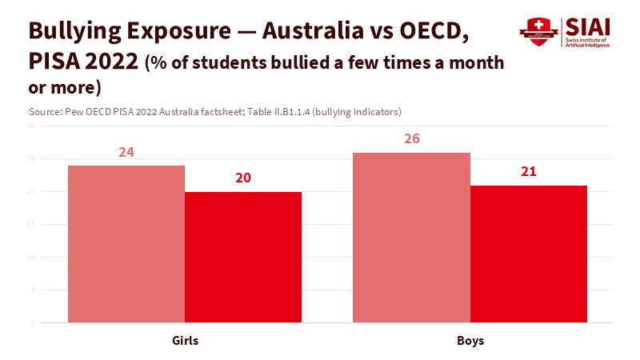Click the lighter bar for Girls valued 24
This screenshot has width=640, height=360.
(x=126, y=244)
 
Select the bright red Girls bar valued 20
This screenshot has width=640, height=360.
(x=243, y=257)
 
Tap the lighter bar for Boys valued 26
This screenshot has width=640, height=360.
(x=411, y=238)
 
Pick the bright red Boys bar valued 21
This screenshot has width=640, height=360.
(x=528, y=254)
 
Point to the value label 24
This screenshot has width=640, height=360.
(x=126, y=152)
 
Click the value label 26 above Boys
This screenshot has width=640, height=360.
(x=411, y=138)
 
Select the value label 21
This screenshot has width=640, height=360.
(x=528, y=171)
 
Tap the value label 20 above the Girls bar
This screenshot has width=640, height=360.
(x=243, y=178)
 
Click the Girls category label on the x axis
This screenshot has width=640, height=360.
(x=185, y=341)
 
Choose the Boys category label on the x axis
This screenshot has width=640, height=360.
(x=470, y=341)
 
